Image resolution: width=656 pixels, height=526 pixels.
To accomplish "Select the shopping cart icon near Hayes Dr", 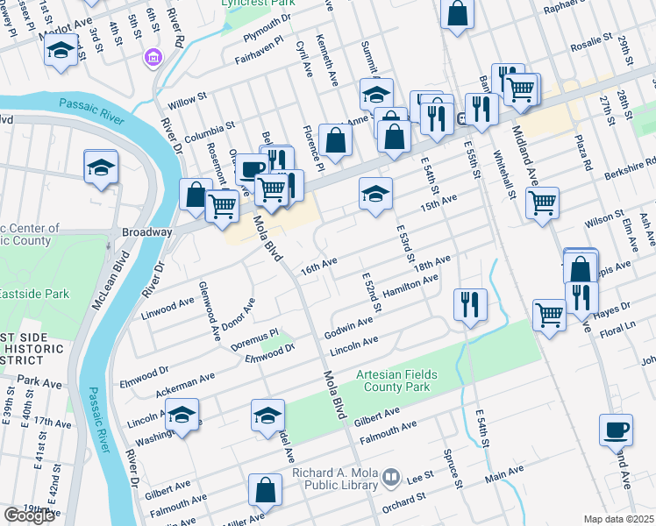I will pos(549,313).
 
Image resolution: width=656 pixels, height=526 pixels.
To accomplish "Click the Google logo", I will pos(28,515).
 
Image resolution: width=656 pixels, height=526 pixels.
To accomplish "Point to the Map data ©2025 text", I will pos(617,519).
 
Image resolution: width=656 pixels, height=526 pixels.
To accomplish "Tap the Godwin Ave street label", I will pos(348,325).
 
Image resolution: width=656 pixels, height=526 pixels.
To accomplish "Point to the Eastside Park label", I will pos(28,293).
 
